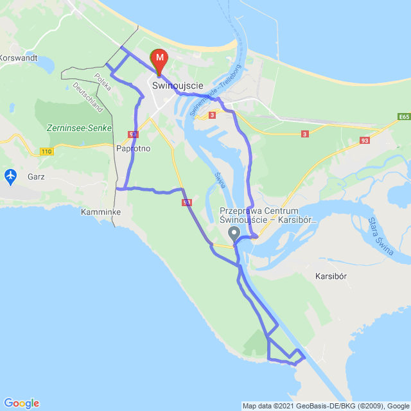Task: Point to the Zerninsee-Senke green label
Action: [79, 128]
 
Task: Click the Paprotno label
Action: [134, 148]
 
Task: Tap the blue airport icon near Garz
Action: [11, 175]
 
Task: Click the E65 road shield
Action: [403, 117]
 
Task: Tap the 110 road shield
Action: [46, 151]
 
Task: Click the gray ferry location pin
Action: [234, 234]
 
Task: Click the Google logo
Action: [21, 403]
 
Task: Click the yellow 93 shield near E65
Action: [365, 140]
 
